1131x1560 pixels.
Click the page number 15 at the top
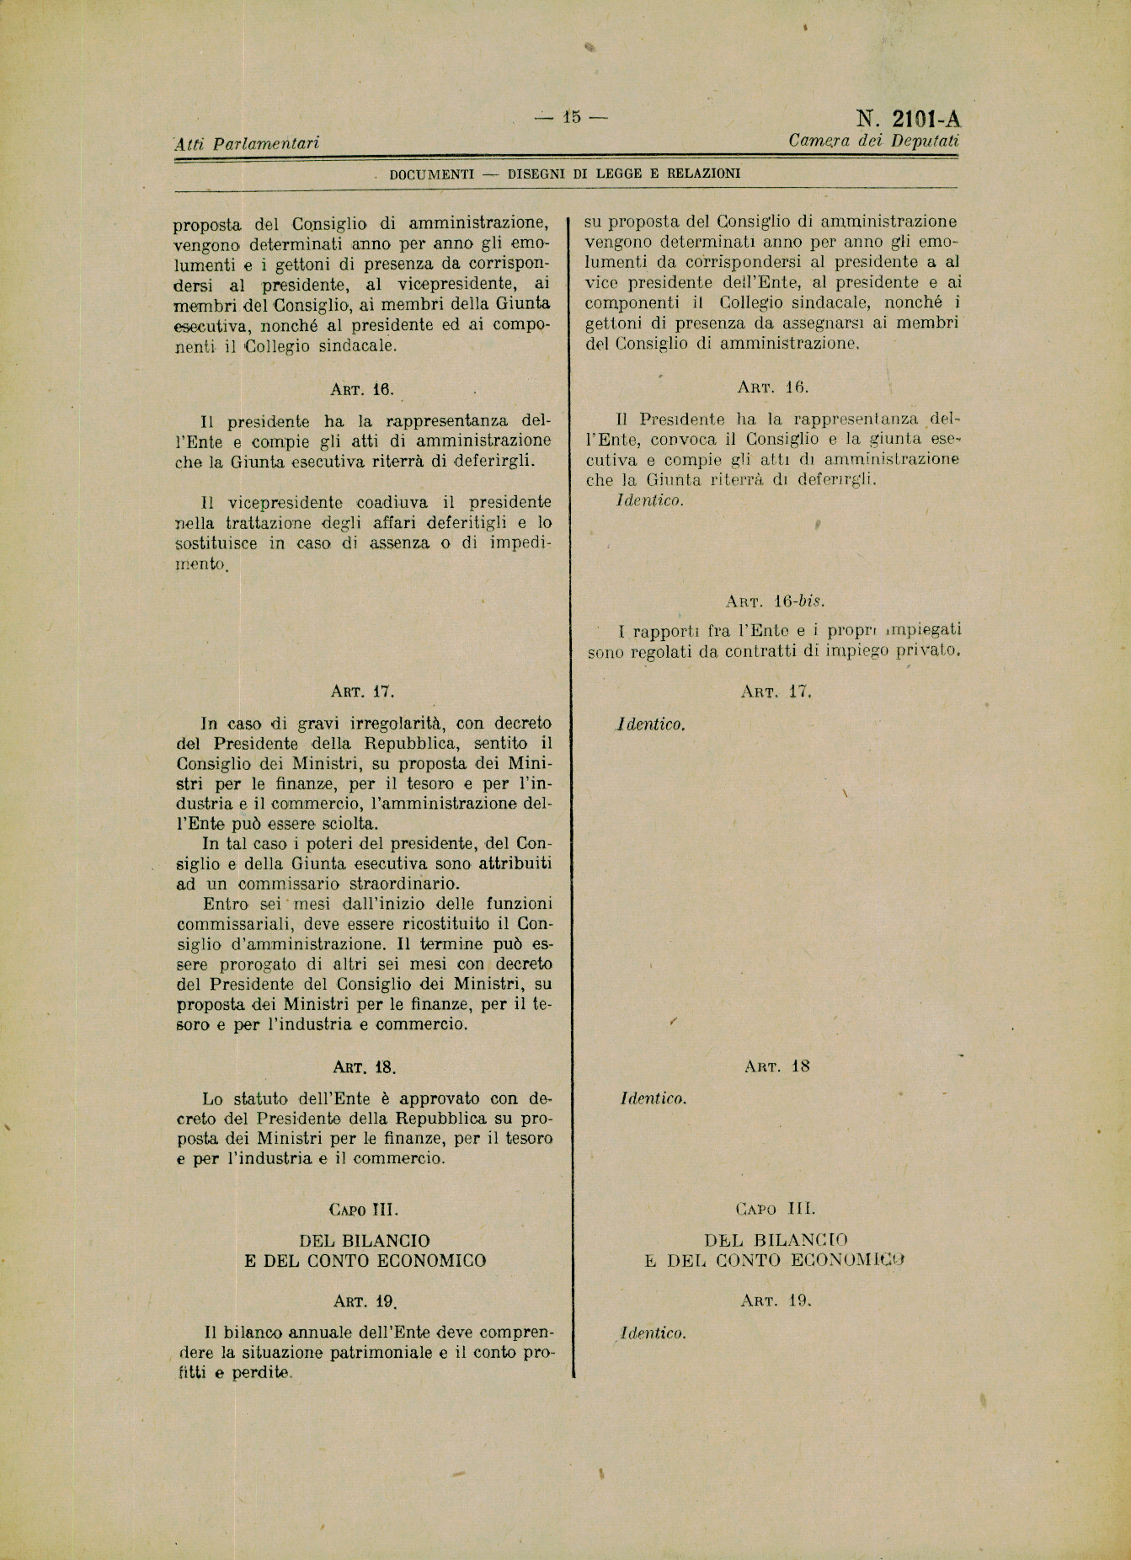click(572, 118)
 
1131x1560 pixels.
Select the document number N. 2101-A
click(909, 119)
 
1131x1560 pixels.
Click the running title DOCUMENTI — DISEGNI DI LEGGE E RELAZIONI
click(564, 174)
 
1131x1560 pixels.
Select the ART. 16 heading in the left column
click(362, 389)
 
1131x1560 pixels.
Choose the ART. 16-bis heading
click(775, 601)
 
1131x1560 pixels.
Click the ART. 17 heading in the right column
click(776, 692)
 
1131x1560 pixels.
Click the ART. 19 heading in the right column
click(776, 1301)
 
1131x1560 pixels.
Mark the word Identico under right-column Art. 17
click(651, 724)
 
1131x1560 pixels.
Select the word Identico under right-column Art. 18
click(653, 1098)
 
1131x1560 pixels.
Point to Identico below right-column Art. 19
click(653, 1333)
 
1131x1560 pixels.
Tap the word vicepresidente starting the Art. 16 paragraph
click(285, 503)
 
